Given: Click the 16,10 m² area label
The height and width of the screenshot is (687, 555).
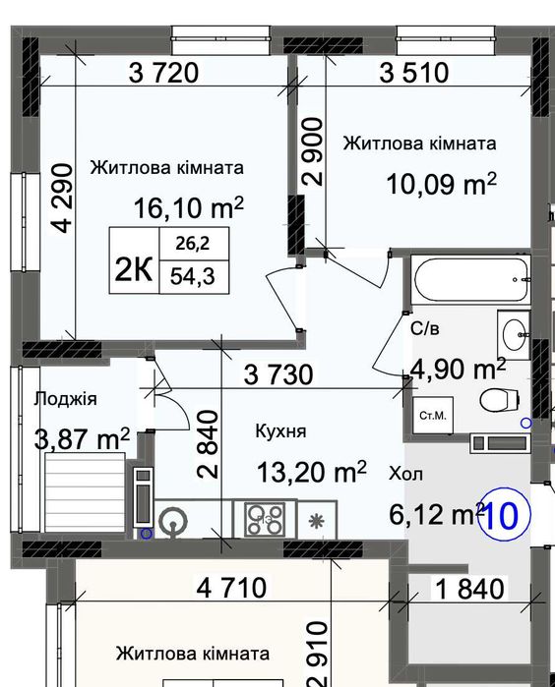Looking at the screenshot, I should (x=188, y=207).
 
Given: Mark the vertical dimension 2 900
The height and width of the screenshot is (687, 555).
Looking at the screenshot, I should (x=313, y=152).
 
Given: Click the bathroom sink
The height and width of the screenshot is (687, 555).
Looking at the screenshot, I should (x=513, y=335).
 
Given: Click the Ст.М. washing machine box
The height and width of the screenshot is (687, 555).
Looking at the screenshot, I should (x=433, y=415).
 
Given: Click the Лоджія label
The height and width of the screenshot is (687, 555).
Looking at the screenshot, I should (x=64, y=398).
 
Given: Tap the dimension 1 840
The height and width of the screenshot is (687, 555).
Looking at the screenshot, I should (x=469, y=590).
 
